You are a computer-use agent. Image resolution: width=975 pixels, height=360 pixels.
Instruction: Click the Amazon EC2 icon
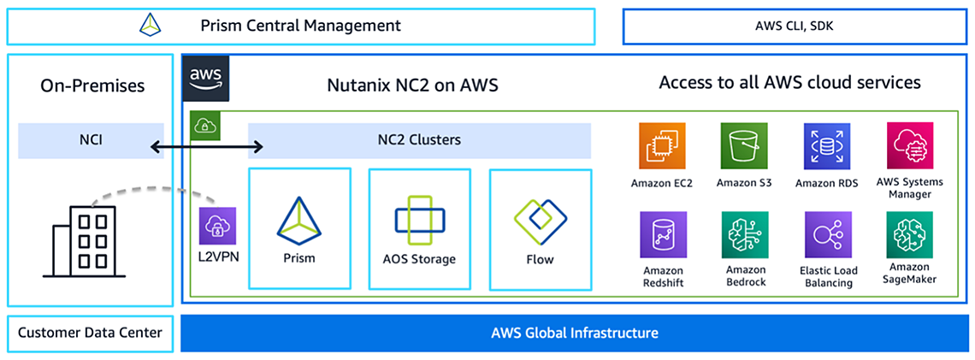[x=663, y=146]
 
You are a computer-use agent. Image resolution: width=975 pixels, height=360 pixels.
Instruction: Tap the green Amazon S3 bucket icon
[x=744, y=146]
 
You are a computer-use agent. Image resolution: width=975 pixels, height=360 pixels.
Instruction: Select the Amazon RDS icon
[x=826, y=146]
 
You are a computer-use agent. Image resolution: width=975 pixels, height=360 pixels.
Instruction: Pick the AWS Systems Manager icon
[x=909, y=146]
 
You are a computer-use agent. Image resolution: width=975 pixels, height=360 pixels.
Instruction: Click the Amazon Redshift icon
[x=663, y=235]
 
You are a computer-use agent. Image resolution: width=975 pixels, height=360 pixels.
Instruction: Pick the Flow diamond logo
[x=540, y=221]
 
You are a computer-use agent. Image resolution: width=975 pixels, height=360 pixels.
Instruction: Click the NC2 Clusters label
[x=419, y=140]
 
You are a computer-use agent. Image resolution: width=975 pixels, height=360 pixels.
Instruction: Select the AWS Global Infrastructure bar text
[x=574, y=333]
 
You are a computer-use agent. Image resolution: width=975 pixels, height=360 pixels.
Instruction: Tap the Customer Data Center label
[x=90, y=333]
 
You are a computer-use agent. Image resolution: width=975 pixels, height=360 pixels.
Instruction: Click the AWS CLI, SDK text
[x=795, y=26]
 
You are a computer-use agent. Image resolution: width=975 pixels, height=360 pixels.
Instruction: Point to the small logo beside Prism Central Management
[x=151, y=26]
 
